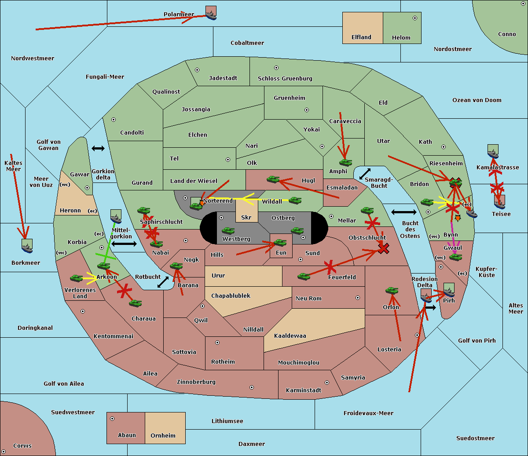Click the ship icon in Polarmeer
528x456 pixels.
tap(211, 13)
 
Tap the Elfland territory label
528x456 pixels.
tap(361, 37)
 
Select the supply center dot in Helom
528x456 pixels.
tap(414, 18)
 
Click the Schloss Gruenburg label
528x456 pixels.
tap(285, 79)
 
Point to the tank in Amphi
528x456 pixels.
tap(345, 163)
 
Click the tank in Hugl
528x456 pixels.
tap(273, 179)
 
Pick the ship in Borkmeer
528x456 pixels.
tap(27, 246)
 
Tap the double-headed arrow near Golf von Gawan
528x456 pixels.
tap(98, 149)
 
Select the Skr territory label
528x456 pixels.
tap(246, 218)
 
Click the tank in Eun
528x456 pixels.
tap(280, 242)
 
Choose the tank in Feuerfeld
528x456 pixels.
tap(304, 276)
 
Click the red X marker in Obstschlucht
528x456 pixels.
tap(384, 249)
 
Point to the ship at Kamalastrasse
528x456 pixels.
tap(493, 151)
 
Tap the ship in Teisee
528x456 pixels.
tap(499, 202)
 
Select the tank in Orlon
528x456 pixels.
tap(392, 290)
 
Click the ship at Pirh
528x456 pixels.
tap(449, 290)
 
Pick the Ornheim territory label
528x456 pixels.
tap(163, 436)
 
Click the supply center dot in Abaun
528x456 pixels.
tap(112, 419)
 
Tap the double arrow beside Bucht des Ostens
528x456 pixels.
tap(403, 212)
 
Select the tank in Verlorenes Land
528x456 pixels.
tap(76, 278)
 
